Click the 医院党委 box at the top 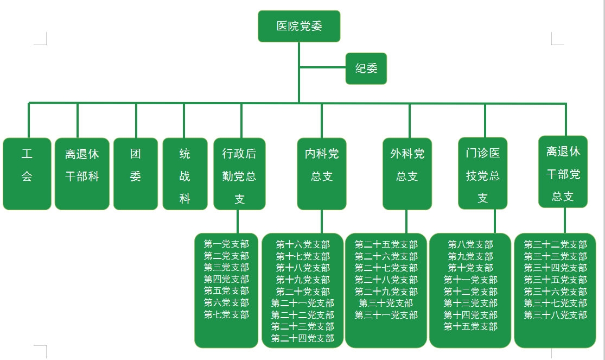coord(299,26)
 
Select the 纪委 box coord(366,68)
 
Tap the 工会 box coord(27,174)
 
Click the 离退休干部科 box coord(82,174)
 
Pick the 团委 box coord(136,174)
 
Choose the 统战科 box coord(185,174)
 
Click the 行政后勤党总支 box coord(239,174)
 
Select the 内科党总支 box coord(322,174)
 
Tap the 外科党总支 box coord(407,174)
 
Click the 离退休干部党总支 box coord(563,172)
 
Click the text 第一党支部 coord(226,244)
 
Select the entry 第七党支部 coord(226,314)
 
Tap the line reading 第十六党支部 coord(303,245)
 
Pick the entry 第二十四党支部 coord(303,338)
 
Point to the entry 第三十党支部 coord(386,303)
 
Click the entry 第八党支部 coord(470,245)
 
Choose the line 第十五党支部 coord(470,326)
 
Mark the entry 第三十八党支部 coord(555,315)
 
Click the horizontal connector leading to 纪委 coord(322,68)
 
